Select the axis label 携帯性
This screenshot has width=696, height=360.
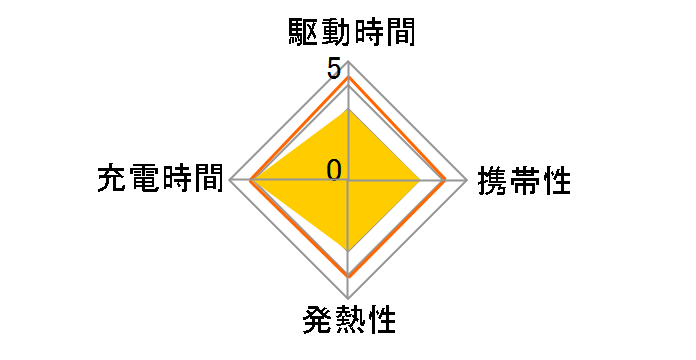pyautogui.click(x=525, y=181)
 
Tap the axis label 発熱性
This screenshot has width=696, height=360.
pyautogui.click(x=348, y=322)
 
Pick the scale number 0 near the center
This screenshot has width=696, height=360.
pyautogui.click(x=334, y=169)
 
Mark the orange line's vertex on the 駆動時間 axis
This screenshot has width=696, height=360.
pyautogui.click(x=348, y=77)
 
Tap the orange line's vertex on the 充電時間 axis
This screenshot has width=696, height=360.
pyautogui.click(x=251, y=180)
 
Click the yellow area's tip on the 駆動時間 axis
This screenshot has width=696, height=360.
pyautogui.click(x=348, y=110)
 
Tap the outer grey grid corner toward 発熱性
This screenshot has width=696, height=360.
pyautogui.click(x=348, y=298)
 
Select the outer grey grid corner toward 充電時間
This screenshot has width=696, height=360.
pyautogui.click(x=230, y=180)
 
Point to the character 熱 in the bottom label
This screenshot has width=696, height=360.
pyautogui.click(x=348, y=322)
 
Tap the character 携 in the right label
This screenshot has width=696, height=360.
pyautogui.click(x=493, y=181)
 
